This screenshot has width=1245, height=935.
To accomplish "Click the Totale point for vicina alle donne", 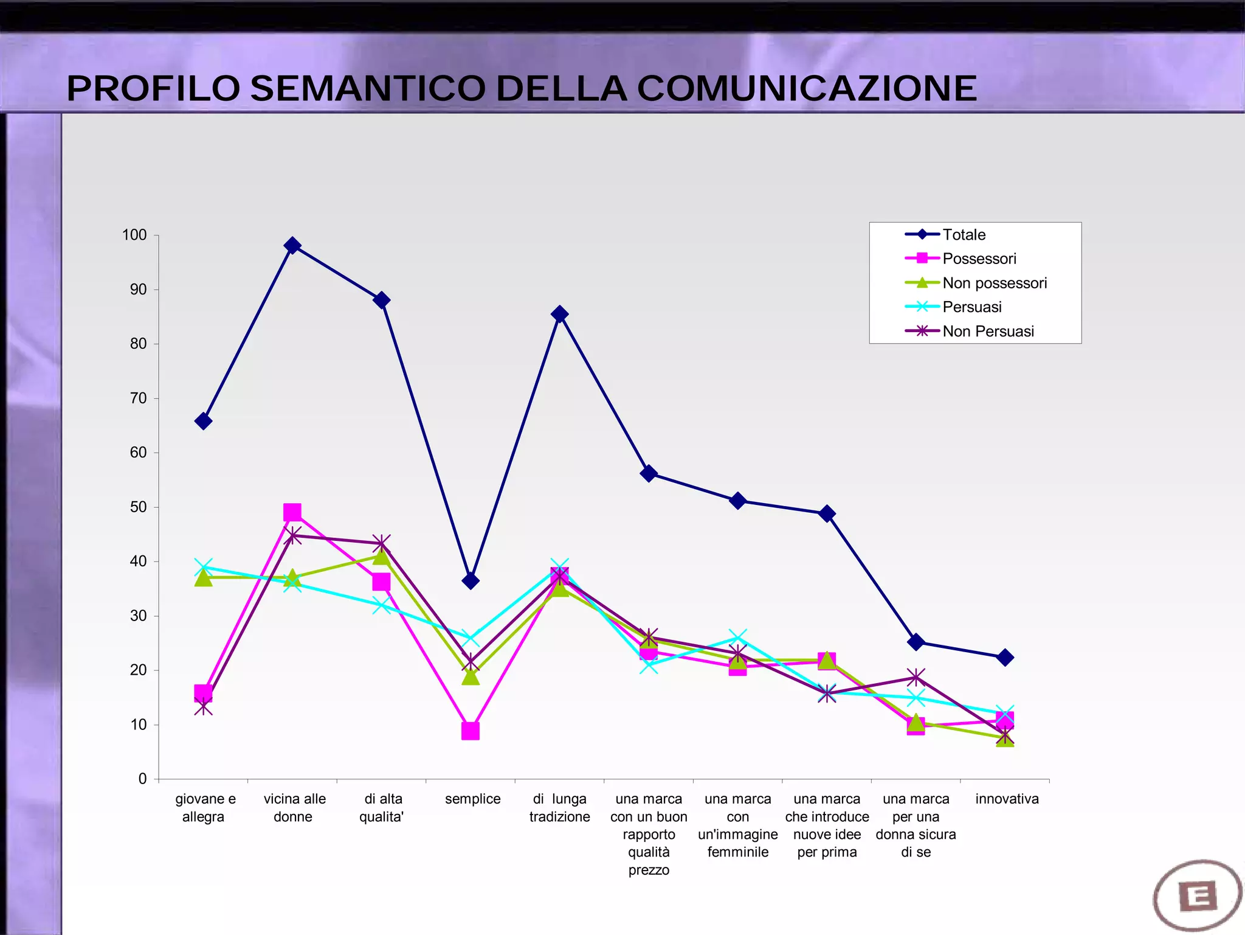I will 292,246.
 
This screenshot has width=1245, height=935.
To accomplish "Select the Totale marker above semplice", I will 471,581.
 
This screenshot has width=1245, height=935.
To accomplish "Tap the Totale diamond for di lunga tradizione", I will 560,315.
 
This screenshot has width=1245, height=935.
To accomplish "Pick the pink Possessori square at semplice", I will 471,731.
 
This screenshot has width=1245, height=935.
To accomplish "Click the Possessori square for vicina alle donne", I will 292,512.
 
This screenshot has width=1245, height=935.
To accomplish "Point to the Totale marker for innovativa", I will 1005,658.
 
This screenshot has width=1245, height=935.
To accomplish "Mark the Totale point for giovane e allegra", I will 204,421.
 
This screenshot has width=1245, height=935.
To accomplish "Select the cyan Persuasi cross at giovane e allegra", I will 204,567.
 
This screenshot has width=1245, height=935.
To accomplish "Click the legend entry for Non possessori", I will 995,283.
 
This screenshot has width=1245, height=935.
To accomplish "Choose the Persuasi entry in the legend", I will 971,307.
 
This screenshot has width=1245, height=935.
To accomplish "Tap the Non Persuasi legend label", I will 988,332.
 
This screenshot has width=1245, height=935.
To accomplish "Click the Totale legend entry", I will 964,235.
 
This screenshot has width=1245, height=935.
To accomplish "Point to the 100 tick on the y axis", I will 134,235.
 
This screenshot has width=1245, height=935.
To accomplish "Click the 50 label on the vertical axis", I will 138,507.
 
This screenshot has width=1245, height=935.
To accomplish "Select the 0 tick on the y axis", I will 142,779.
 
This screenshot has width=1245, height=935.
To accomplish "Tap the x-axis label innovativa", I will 1007,799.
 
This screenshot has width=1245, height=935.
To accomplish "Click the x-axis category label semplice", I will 472,799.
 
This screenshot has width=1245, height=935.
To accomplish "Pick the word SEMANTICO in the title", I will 368,89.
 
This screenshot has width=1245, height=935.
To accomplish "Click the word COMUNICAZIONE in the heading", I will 807,89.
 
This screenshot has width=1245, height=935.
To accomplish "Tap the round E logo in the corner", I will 1197,895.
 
